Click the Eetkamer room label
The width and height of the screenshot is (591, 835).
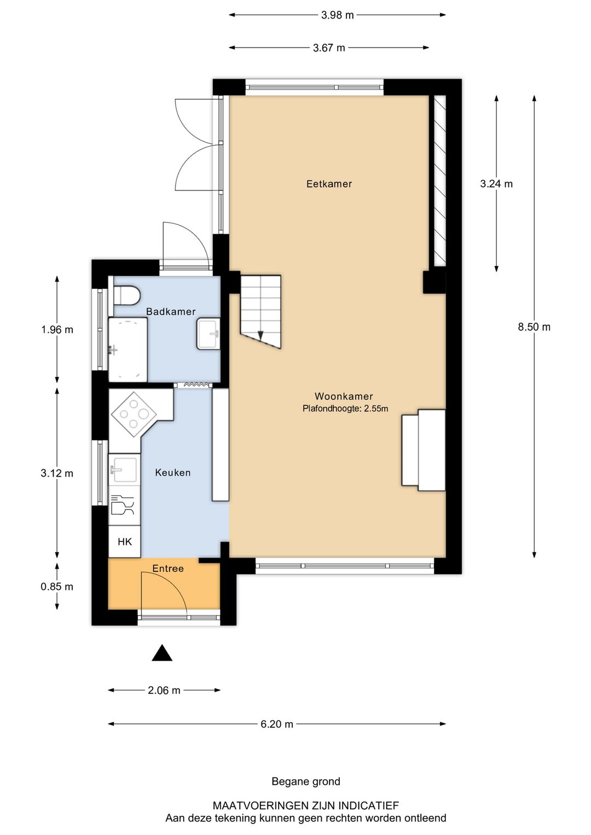pos(329,184)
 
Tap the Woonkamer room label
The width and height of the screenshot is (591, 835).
pos(344,396)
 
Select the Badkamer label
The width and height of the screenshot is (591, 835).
pos(171,312)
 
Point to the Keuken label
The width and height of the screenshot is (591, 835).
pos(173,473)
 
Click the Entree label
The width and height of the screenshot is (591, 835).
pos(168,569)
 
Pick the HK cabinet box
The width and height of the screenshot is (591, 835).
pos(125,542)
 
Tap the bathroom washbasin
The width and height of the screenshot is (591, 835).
pos(208,334)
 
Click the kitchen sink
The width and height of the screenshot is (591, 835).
pos(124,469)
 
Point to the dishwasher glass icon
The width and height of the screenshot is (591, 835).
pos(123,505)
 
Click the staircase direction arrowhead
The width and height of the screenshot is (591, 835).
pos(260,335)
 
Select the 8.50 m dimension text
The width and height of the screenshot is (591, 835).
pos(534,327)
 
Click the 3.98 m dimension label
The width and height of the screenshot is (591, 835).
pos(337,15)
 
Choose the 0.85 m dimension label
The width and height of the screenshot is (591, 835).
pos(57,587)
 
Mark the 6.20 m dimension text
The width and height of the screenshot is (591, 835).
pos(277,724)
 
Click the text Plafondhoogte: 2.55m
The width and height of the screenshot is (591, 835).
pos(345,409)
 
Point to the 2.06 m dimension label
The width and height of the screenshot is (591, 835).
pos(164,691)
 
